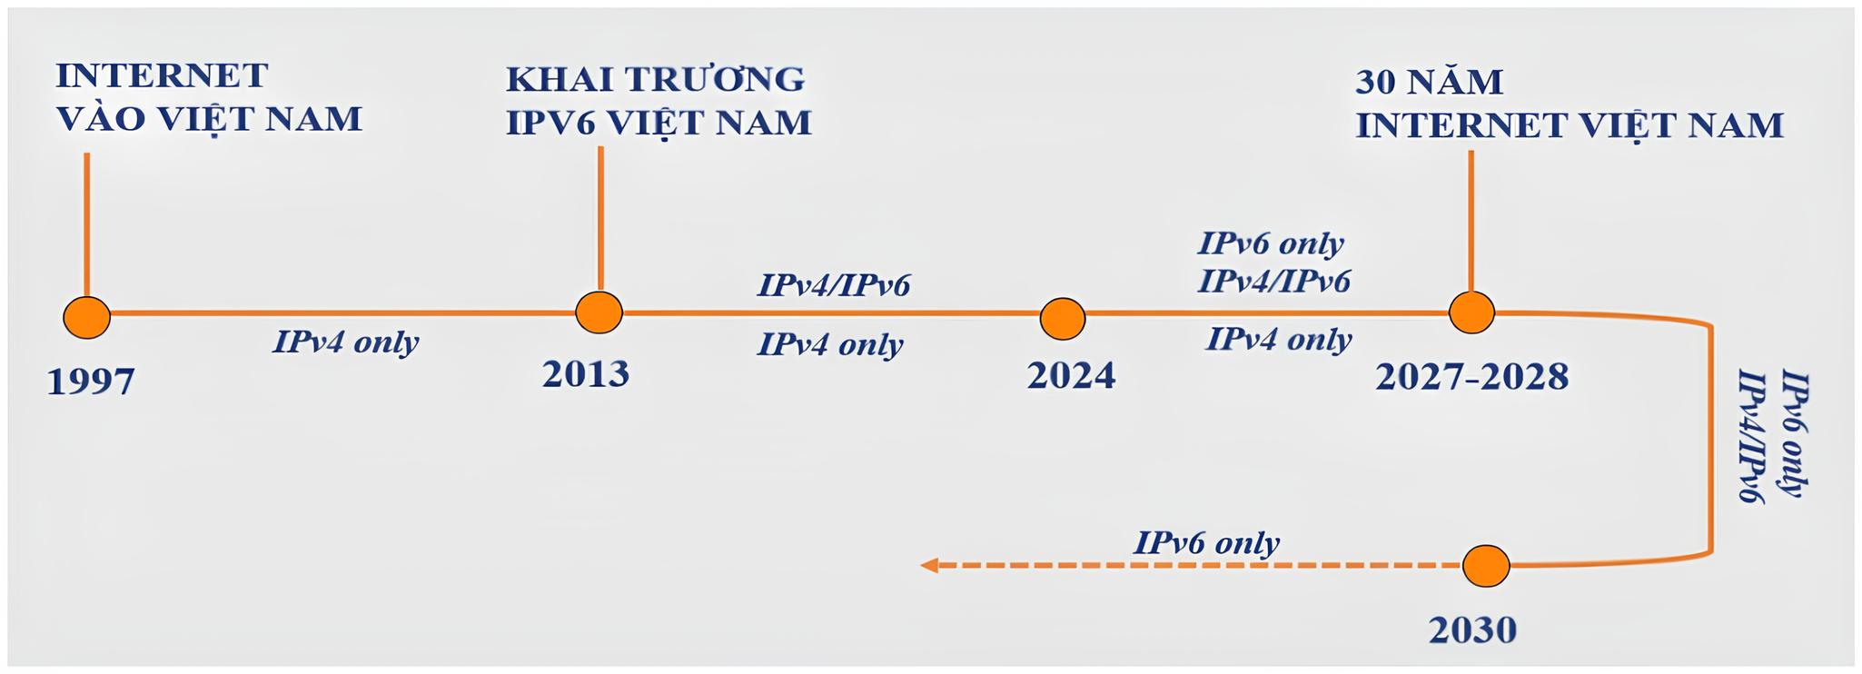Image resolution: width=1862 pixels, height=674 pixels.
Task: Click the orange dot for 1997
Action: coord(87,317)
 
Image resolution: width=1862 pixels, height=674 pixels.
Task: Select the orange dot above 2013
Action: coord(599,313)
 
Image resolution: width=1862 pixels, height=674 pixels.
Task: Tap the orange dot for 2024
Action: coord(1062,319)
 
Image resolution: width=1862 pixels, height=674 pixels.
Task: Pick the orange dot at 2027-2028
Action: coord(1471,313)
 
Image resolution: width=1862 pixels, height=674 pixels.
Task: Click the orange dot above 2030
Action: coord(1486,566)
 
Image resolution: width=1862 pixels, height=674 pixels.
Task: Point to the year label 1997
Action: coord(90,382)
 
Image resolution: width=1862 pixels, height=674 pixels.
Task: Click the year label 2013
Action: coord(586,374)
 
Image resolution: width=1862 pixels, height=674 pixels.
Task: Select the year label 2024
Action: coord(1071,376)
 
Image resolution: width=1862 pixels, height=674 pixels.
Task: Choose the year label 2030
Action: coord(1472,629)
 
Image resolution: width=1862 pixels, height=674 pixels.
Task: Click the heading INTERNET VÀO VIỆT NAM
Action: coord(208,97)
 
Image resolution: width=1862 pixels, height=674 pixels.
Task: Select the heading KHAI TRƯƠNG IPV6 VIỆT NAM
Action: coord(658,101)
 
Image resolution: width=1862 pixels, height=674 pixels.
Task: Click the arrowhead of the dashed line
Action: coord(928,566)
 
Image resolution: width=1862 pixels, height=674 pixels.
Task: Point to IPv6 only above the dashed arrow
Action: coord(1206,543)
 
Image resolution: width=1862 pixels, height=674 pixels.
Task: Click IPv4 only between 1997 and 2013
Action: coord(345,342)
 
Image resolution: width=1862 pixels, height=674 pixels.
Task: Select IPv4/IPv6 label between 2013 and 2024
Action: coord(833,286)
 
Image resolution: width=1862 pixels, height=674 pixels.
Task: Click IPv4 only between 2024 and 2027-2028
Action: coord(1278,340)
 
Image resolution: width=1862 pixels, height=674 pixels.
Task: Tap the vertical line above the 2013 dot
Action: coord(600,218)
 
